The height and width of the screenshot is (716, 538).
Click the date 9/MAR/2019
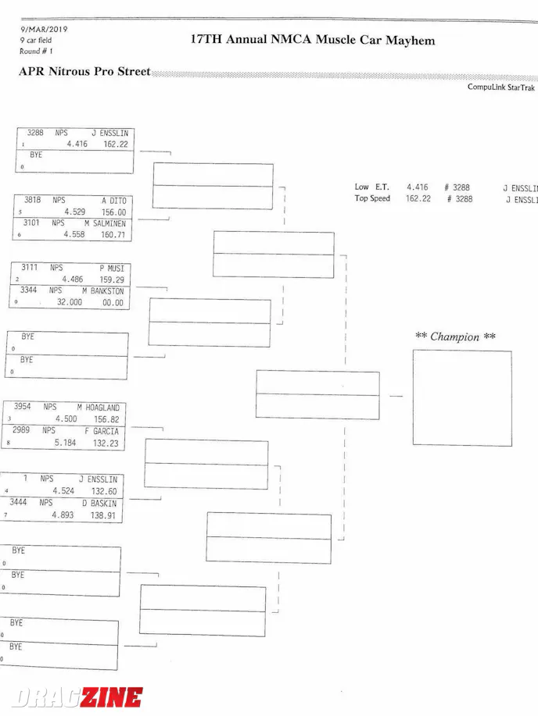(44, 30)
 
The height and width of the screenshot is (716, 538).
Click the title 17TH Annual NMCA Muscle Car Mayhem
(313, 40)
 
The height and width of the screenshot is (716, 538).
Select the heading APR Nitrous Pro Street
(84, 72)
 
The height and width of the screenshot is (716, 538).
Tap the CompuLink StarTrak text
(501, 87)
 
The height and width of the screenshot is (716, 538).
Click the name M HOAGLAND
(99, 408)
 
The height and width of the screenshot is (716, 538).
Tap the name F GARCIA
(102, 431)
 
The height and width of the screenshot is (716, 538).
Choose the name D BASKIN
(99, 504)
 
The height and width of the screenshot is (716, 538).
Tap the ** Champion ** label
(455, 337)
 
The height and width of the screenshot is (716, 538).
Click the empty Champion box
(462, 398)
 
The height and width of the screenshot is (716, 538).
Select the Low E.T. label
(371, 187)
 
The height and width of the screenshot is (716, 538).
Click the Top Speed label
(372, 199)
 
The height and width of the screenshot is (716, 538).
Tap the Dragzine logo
(77, 697)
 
